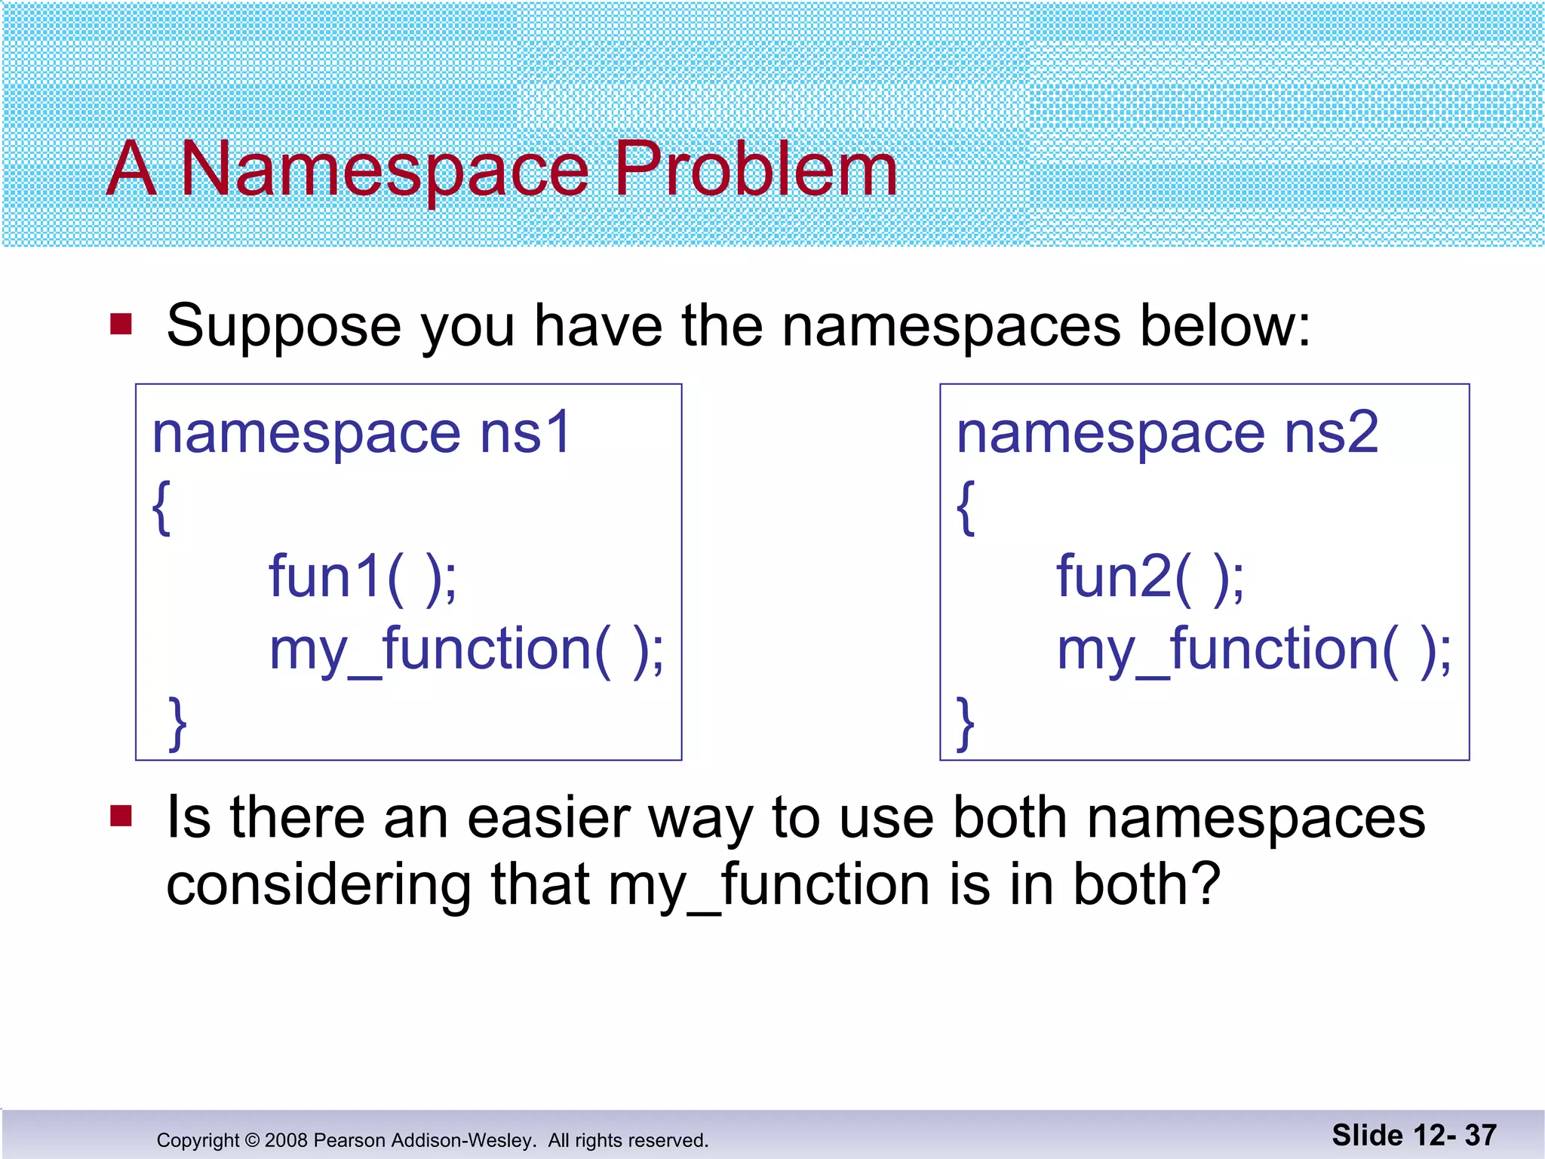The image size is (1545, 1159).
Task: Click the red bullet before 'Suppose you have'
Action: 121,324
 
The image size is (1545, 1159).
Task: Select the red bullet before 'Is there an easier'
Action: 121,816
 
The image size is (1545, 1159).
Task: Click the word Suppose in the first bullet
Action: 284,326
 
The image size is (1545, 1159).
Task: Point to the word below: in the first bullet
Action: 1225,326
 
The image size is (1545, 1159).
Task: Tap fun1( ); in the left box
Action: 363,577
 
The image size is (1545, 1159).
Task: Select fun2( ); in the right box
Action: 1150,577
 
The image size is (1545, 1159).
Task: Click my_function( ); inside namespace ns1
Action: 467,650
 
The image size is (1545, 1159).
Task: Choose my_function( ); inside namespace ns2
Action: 1254,650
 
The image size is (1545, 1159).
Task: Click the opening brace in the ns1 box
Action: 161,507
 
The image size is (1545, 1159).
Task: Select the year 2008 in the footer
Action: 286,1140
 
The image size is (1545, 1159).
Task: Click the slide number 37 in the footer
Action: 1480,1135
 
